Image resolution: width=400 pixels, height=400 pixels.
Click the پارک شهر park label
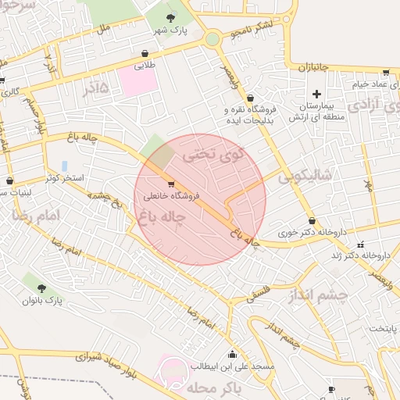[x=172, y=30]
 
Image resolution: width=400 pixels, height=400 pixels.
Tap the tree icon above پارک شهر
[x=172, y=17]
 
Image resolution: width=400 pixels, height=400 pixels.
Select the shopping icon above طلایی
[x=145, y=53]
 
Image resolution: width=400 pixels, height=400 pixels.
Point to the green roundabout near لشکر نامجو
[x=212, y=38]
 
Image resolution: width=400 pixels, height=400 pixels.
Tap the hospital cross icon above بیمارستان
[x=316, y=94]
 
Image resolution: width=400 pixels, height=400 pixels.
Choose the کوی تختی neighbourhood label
[x=212, y=155]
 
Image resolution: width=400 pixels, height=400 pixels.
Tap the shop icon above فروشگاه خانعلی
[x=171, y=184]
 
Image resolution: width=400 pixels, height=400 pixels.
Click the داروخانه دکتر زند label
[x=365, y=255]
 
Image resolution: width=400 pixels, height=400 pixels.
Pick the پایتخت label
[x=384, y=328]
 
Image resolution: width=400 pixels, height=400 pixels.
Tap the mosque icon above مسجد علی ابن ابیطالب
[x=232, y=354]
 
